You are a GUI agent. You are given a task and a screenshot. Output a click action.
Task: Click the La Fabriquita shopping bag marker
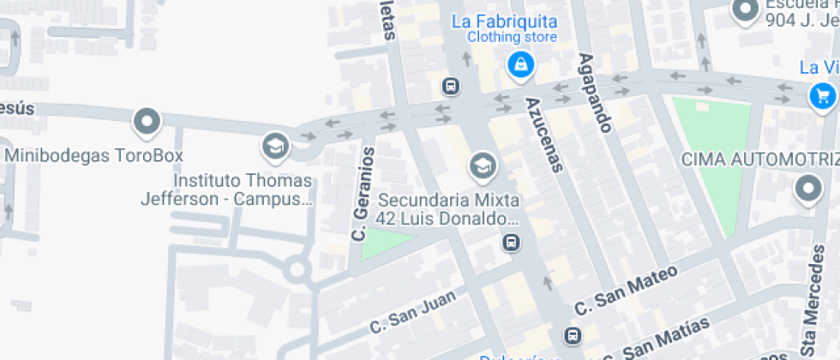click(520, 63)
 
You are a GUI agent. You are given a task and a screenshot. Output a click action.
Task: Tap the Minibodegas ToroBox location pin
click(147, 122)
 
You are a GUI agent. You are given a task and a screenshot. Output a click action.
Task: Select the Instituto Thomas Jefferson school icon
click(275, 146)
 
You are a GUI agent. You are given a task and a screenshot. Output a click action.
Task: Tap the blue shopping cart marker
click(823, 95)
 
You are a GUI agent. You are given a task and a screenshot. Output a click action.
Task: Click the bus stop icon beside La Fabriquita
click(450, 86)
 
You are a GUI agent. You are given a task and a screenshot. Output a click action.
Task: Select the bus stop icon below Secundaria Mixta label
click(512, 243)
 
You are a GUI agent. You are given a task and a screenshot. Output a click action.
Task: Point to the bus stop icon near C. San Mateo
click(572, 334)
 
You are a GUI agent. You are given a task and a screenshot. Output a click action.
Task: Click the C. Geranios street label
click(363, 193)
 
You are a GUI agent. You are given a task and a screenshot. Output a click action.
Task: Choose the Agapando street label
click(596, 93)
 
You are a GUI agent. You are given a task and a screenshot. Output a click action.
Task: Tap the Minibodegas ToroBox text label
click(94, 156)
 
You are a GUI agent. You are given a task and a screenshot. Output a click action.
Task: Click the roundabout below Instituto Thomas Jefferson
click(297, 270)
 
